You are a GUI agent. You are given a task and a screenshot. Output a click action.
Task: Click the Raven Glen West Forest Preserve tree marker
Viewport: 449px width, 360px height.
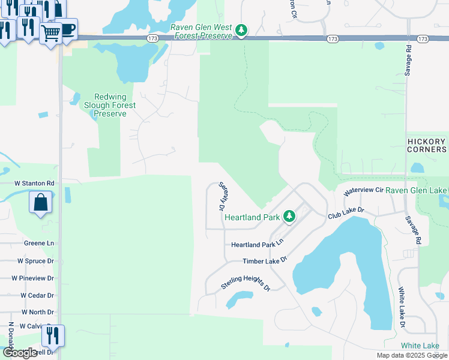click(241, 30)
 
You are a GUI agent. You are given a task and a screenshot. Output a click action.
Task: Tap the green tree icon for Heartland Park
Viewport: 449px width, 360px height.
click(289, 215)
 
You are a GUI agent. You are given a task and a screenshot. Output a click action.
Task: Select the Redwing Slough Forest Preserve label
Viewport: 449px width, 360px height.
click(115, 105)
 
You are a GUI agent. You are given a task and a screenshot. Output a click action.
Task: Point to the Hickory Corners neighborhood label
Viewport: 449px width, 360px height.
click(426, 145)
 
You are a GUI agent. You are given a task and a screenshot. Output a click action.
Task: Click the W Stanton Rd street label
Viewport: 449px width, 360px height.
click(35, 183)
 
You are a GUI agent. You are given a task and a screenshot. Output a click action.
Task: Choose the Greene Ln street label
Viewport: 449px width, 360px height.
click(39, 244)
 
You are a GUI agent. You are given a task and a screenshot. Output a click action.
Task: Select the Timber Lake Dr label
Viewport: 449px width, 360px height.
click(265, 260)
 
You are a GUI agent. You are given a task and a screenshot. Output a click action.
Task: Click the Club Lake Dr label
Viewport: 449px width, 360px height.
click(346, 212)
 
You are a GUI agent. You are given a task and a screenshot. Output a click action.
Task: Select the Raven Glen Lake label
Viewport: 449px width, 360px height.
click(417, 190)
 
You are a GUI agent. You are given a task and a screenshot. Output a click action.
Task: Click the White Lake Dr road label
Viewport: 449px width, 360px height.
click(402, 307)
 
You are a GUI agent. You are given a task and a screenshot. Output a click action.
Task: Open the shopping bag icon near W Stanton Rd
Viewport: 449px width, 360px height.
click(41, 202)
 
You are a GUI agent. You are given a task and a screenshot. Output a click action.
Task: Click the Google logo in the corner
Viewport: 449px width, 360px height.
click(19, 353)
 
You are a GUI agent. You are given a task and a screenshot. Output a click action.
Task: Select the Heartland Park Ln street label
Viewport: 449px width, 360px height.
click(257, 245)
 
